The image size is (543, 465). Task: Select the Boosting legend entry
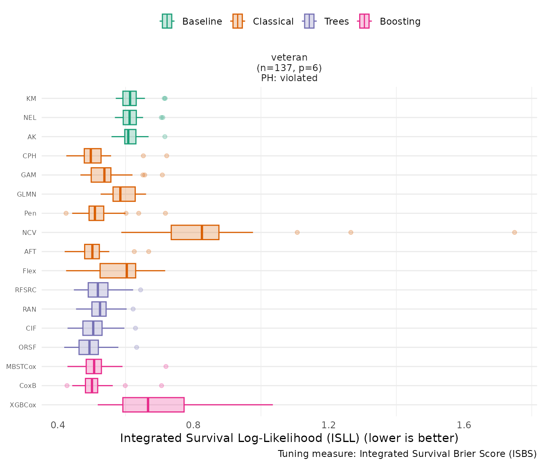pyautogui.click(x=389, y=21)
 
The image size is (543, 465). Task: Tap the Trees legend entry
pyautogui.click(x=326, y=21)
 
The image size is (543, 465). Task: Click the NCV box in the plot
pyautogui.click(x=195, y=232)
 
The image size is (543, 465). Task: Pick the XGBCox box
pyautogui.click(x=153, y=405)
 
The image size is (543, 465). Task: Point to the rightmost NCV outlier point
pyautogui.click(x=514, y=232)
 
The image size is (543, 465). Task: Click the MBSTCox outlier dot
pyautogui.click(x=166, y=367)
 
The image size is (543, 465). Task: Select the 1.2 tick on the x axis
pyautogui.click(x=329, y=425)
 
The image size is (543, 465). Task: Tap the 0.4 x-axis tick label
pyautogui.click(x=58, y=425)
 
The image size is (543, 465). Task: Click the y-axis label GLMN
pyautogui.click(x=27, y=195)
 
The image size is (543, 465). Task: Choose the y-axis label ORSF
pyautogui.click(x=27, y=348)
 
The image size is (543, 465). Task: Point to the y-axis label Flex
pyautogui.click(x=29, y=271)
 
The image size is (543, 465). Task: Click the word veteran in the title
pyautogui.click(x=289, y=57)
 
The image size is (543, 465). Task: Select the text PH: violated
pyautogui.click(x=289, y=78)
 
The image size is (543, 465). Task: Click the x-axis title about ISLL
pyautogui.click(x=289, y=438)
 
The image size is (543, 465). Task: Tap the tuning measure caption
pyautogui.click(x=407, y=454)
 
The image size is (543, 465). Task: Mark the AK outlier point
pyautogui.click(x=165, y=137)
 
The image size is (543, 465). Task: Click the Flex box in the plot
pyautogui.click(x=118, y=271)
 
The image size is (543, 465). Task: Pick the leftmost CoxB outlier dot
pyautogui.click(x=67, y=385)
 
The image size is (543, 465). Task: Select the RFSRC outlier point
pyautogui.click(x=141, y=290)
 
